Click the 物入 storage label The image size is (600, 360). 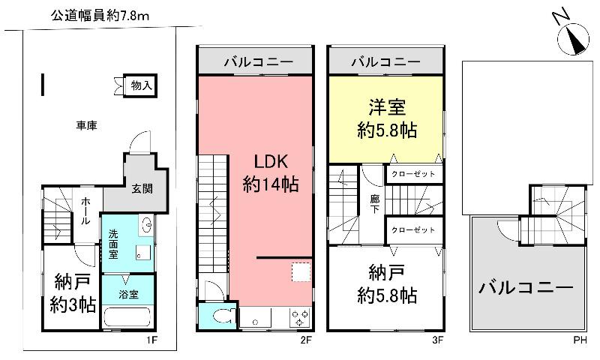(141, 85)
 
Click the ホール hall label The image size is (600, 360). (86, 211)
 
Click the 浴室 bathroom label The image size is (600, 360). (127, 294)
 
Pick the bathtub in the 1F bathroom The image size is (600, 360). (127, 318)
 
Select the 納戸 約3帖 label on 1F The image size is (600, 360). (73, 294)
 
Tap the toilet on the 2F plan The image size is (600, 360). (220, 317)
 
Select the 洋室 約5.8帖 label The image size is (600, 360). (385, 118)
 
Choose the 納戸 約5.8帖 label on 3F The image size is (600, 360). (385, 285)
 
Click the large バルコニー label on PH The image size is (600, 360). (526, 287)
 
